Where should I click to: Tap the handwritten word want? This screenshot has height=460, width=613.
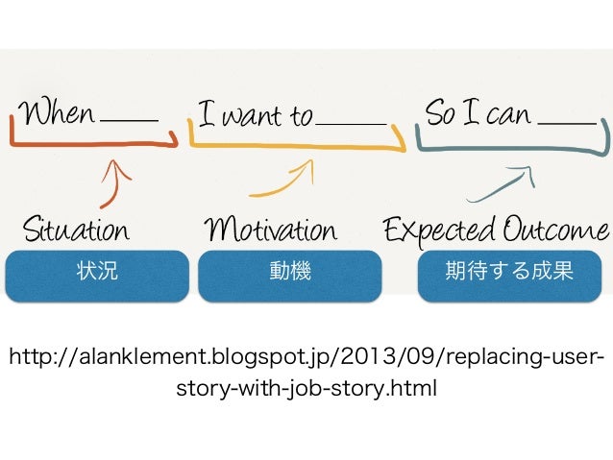pos(254,117)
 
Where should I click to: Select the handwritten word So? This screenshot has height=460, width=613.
pos(441,114)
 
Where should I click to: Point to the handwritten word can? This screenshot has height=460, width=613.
pos(508,115)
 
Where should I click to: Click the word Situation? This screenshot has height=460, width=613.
pos(75,230)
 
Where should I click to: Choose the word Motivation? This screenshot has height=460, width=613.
pos(272,230)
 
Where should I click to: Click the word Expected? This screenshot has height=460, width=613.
pos(439,231)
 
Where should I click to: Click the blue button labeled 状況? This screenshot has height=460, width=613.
pos(96,273)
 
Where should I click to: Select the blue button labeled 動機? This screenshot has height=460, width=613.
pos(291,273)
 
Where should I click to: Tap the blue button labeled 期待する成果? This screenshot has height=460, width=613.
pos(509,273)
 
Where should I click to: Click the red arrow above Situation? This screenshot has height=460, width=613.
pos(113,182)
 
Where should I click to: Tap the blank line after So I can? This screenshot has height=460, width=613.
pos(567,123)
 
